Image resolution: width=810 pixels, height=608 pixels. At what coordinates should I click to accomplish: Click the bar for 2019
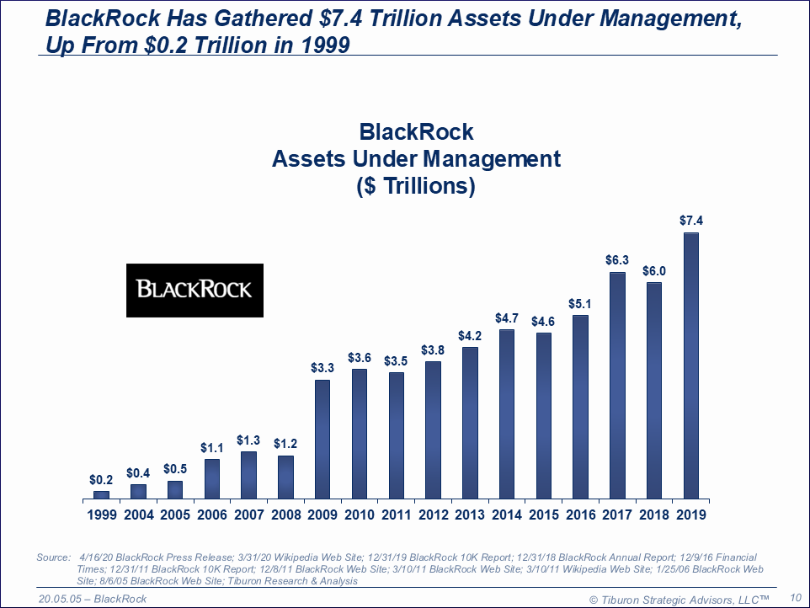coord(691,366)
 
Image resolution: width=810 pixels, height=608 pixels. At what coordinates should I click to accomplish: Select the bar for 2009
coord(322,440)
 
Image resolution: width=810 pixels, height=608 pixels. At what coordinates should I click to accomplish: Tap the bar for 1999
coord(101,495)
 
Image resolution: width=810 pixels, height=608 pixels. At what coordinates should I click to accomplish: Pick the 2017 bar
coord(617,386)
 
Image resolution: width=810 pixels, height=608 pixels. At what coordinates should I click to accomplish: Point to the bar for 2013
coord(470,424)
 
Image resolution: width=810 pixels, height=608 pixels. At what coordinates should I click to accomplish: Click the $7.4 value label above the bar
coord(691,221)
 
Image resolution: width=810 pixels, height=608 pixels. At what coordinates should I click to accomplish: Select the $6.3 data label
coord(617,260)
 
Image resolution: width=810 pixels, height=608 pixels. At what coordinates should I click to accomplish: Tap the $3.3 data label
coord(322,368)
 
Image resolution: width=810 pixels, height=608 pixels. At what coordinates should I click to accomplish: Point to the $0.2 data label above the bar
coord(101,479)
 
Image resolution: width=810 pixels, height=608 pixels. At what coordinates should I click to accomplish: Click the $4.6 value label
coord(544,321)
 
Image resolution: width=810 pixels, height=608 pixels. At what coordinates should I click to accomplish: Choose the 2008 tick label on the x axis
coord(285,515)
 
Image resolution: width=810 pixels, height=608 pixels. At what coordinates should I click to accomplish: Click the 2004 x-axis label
coord(138,515)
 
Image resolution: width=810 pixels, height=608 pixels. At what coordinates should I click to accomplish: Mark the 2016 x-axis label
coord(581,515)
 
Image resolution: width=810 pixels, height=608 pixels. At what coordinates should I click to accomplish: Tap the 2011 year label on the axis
coord(397,515)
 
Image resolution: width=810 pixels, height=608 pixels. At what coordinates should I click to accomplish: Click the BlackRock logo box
coord(195,290)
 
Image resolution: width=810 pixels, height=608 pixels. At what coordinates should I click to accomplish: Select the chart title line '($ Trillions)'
coord(416,186)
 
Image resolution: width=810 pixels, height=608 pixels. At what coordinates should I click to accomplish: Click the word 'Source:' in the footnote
coord(55,557)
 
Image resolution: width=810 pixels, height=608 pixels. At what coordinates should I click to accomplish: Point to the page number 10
coord(795,597)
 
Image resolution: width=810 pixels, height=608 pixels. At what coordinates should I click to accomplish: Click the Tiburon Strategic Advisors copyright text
coord(679,599)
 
